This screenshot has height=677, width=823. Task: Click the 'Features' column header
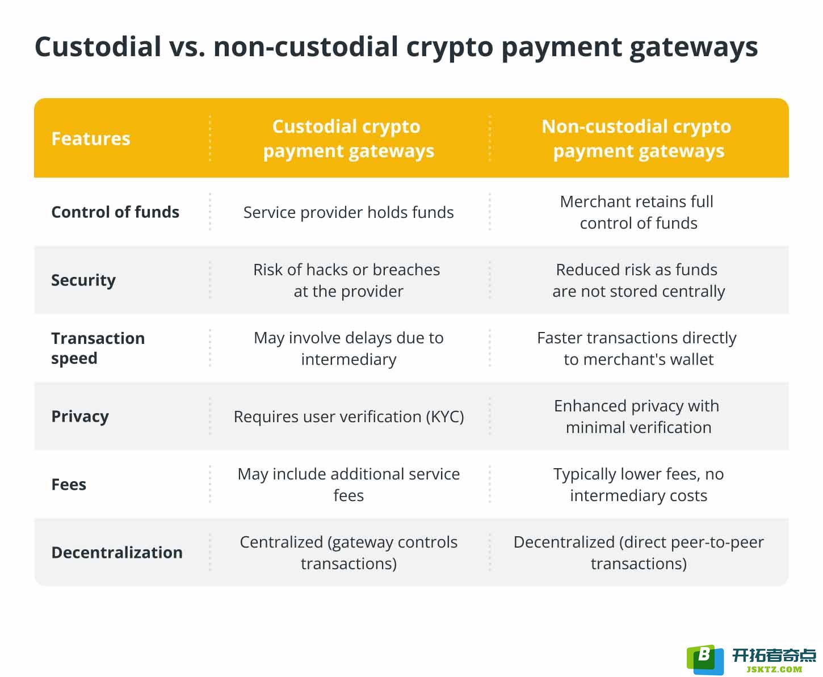pos(91,138)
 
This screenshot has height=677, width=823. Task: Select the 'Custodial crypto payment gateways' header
pos(348,139)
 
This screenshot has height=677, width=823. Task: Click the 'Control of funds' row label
pos(115,212)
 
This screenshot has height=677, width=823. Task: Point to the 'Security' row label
pos(83,280)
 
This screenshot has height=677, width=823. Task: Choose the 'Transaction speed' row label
pos(98,348)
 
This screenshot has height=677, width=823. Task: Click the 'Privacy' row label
pos(80,417)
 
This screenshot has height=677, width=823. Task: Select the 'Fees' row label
pos(69,485)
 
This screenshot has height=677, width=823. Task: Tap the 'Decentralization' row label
pos(117,553)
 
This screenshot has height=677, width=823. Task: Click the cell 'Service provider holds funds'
pos(348,213)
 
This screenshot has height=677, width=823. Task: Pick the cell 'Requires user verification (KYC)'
pos(348,417)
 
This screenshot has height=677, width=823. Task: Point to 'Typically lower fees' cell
pos(639,485)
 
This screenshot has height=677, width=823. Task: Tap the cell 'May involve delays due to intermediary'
pos(348,348)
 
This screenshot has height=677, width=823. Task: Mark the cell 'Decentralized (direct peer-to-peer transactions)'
pos(639,553)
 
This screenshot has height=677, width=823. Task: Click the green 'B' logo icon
pos(705,659)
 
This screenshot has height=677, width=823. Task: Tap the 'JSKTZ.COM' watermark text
pos(774,669)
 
